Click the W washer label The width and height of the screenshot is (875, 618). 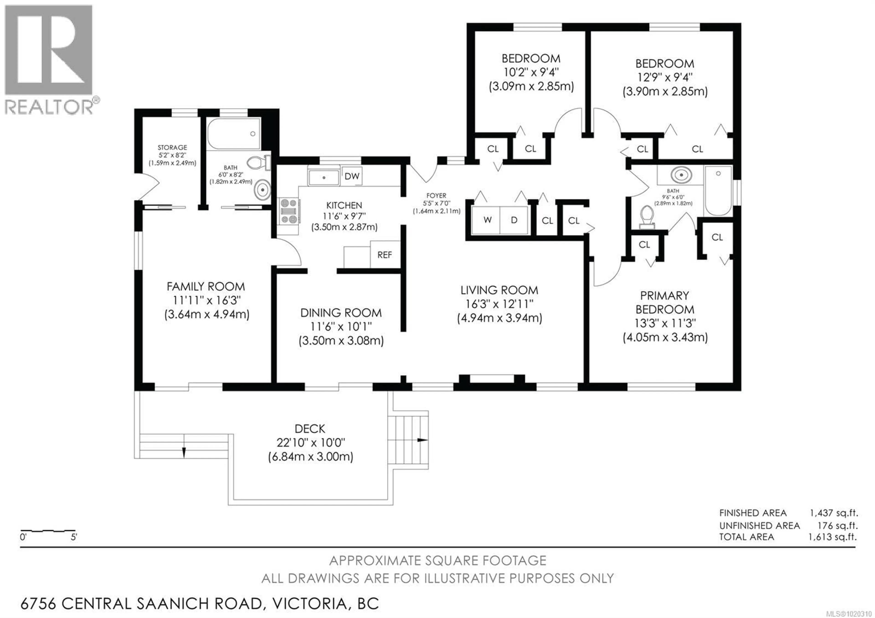[487, 220]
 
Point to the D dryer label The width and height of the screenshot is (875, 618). [514, 220]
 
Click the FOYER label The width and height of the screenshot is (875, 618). [436, 196]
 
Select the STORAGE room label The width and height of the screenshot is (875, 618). [172, 147]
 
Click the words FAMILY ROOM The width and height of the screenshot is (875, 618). [206, 286]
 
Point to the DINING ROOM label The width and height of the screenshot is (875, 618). [341, 313]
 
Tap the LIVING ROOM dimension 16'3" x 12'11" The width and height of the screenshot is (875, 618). [499, 304]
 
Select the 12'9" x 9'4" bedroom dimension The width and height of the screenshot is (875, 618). [665, 77]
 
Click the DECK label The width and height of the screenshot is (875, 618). [310, 429]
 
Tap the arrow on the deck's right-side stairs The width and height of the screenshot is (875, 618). [422, 440]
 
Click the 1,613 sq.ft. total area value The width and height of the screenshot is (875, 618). [832, 537]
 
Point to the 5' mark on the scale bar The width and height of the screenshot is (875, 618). [74, 537]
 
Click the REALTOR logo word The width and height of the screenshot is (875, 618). [49, 107]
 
